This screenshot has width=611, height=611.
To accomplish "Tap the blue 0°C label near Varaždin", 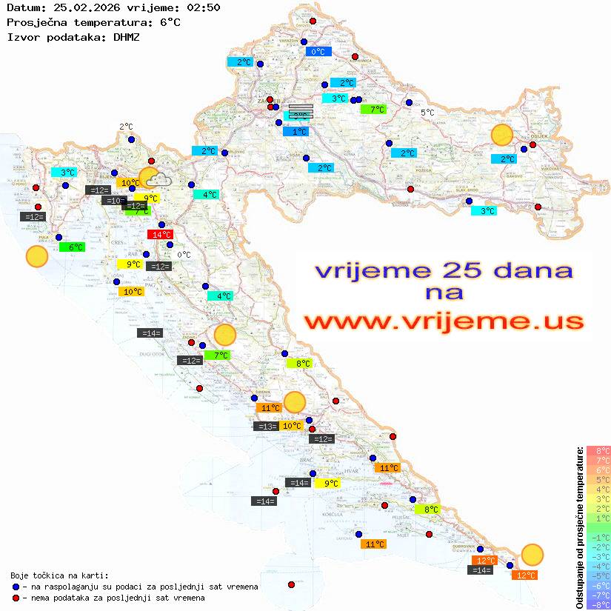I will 318,52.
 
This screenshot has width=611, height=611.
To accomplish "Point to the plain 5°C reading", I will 427,113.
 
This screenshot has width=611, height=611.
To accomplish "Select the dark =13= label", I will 266,426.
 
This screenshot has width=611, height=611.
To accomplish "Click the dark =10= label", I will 113,200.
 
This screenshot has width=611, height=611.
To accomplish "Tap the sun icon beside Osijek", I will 502,136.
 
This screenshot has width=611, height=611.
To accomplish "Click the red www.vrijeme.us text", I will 444,321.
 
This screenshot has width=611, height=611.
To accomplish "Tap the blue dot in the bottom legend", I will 16,587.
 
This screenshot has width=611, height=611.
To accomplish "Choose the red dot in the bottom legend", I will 16,598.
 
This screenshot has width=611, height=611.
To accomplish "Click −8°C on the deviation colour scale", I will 598,605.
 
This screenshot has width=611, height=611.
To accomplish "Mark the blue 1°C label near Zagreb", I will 296,132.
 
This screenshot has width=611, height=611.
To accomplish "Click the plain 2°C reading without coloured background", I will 126,127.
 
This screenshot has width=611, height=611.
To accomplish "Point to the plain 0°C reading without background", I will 184,255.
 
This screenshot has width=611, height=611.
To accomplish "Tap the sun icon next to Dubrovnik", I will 532,554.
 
